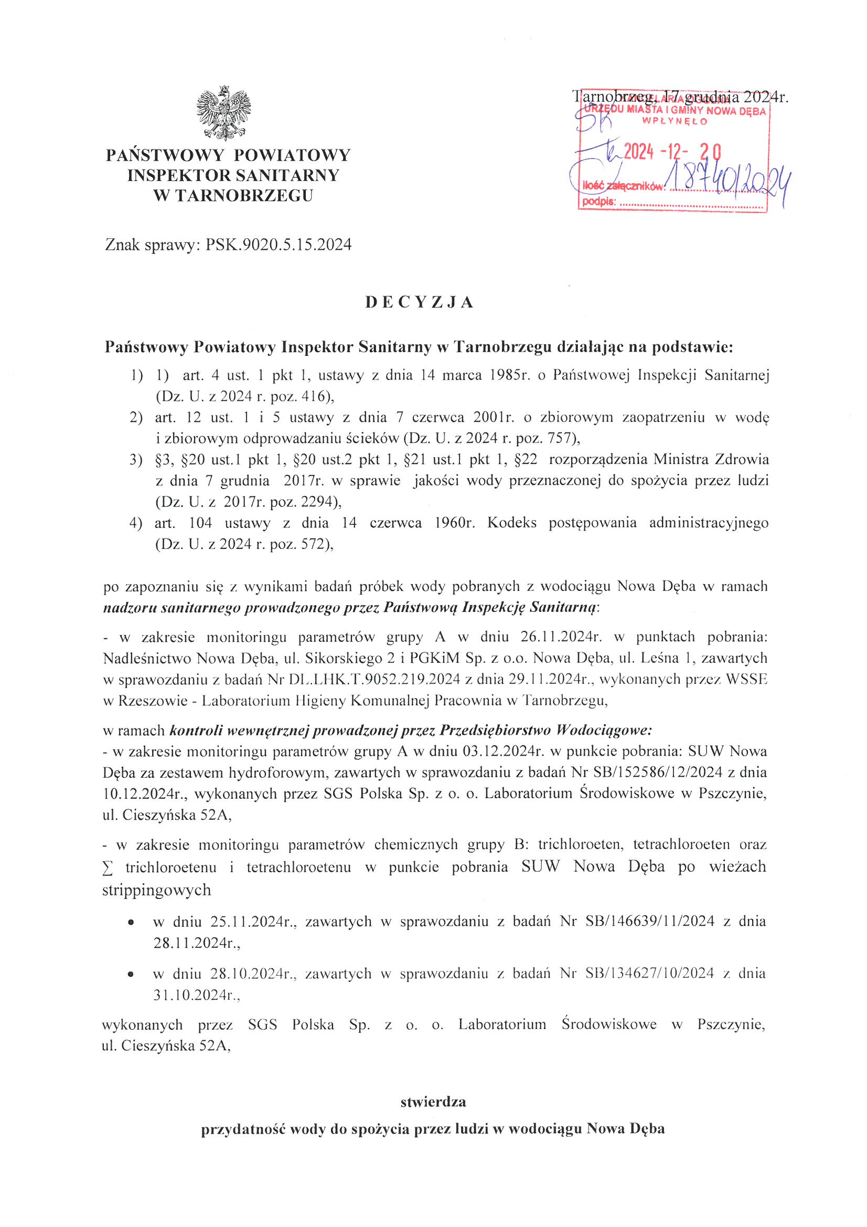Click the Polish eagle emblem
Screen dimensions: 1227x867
tap(223, 112)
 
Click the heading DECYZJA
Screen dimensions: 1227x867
tap(420, 302)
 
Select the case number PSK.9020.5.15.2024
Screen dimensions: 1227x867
tap(279, 245)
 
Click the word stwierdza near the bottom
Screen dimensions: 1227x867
tap(433, 1102)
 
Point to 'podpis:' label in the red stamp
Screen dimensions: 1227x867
tap(599, 202)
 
